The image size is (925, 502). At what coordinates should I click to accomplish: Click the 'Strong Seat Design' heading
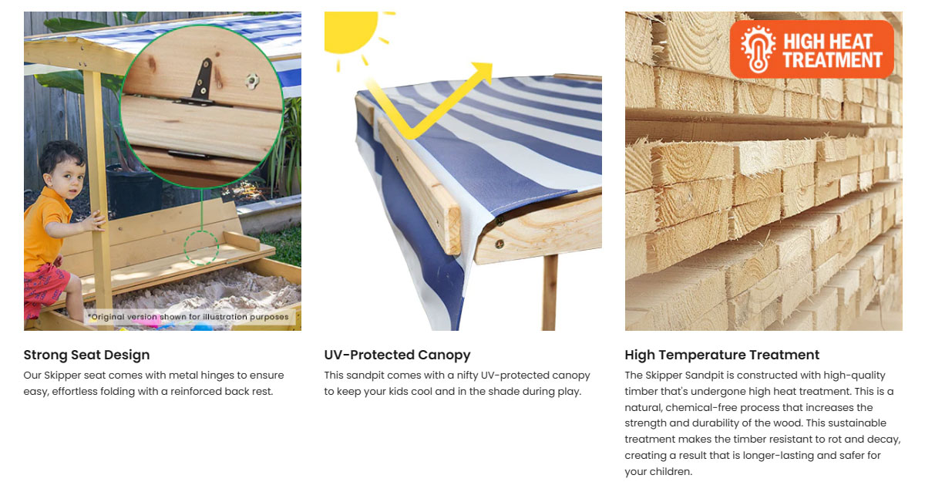(86, 355)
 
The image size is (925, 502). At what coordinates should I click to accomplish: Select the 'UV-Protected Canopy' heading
(397, 355)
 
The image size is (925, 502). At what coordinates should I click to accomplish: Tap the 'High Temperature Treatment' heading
(721, 355)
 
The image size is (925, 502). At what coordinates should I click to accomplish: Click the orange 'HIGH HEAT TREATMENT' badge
(812, 49)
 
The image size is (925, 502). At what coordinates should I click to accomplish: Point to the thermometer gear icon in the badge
(758, 49)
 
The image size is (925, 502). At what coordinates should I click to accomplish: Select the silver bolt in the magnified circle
(252, 81)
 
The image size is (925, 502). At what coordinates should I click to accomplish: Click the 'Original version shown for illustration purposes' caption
(188, 317)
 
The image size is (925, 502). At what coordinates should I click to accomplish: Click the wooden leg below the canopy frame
(550, 292)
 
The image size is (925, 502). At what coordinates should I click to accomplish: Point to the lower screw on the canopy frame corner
(499, 244)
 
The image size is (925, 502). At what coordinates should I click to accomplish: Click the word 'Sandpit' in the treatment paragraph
(704, 376)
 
